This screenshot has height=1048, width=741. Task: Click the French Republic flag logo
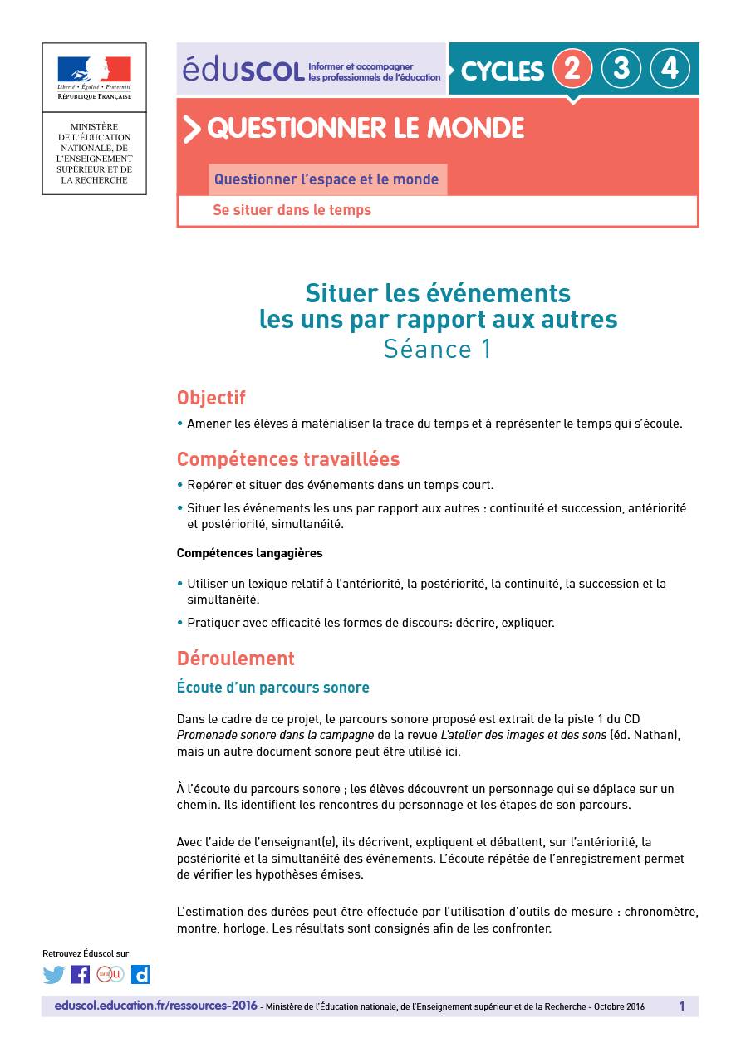(94, 70)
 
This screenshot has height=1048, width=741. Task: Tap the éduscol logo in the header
(243, 70)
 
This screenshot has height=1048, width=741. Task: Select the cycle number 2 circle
(572, 69)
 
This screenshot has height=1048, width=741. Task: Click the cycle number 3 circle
(621, 69)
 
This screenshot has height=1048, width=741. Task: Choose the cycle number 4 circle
(670, 69)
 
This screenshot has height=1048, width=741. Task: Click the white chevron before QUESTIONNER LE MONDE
(192, 129)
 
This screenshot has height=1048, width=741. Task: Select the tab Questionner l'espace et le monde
(326, 179)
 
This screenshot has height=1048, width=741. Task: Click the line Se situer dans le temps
(292, 211)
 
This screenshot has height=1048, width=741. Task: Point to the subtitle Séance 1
(437, 349)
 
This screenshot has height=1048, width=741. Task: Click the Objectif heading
(211, 398)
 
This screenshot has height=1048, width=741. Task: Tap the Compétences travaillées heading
(287, 459)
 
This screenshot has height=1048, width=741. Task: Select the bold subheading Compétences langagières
(249, 553)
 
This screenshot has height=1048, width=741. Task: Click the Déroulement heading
(235, 659)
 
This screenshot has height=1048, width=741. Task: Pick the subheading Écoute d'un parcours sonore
(272, 688)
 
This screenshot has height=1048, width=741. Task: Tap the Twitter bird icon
(54, 975)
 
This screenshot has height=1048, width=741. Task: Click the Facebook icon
(81, 975)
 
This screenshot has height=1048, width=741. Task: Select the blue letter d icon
(140, 975)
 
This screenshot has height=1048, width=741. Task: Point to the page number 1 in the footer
(682, 1006)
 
